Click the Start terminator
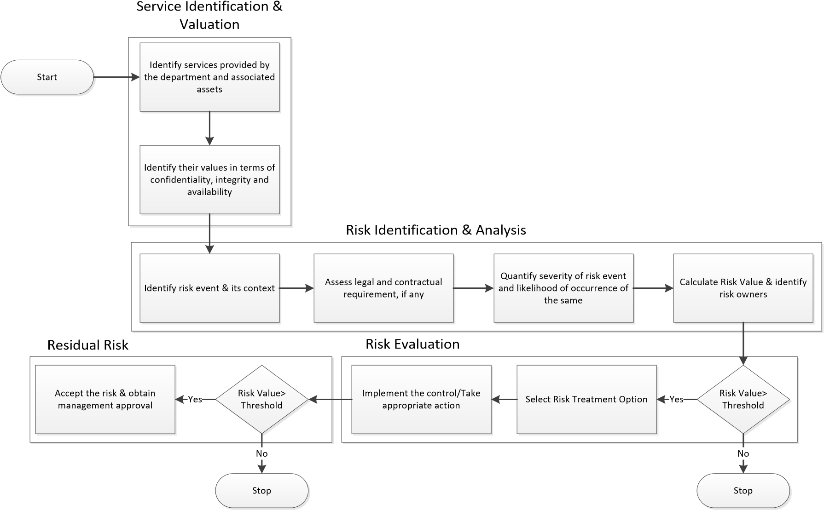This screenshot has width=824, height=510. point(47,77)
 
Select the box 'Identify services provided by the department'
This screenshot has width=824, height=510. point(209,77)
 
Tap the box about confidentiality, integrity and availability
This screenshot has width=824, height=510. point(209,180)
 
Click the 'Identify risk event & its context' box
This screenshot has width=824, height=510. point(209,288)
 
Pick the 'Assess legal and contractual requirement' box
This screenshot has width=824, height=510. point(383,288)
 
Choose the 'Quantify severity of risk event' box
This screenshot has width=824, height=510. point(563,288)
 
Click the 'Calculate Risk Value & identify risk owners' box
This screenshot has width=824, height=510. point(743,288)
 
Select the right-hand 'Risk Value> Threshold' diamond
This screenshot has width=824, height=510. point(743,399)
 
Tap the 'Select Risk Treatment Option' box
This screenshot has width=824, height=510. point(586,399)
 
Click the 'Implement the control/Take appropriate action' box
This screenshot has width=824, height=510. point(421,399)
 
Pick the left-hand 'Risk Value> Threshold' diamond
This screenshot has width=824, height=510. point(261,399)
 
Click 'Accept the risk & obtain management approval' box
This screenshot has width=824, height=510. point(105,399)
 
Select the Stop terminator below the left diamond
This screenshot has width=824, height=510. point(261,491)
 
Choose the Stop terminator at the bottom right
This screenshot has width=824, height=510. point(743,491)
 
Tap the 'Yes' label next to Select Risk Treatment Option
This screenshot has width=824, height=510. point(676,400)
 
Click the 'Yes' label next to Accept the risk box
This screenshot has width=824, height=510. point(195,400)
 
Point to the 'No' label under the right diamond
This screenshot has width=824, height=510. point(743,454)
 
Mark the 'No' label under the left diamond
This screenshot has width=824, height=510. point(261,454)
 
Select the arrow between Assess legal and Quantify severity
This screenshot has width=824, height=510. point(473,288)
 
